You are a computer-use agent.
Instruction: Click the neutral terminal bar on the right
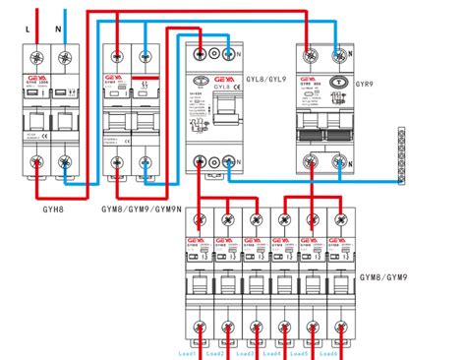401,155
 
